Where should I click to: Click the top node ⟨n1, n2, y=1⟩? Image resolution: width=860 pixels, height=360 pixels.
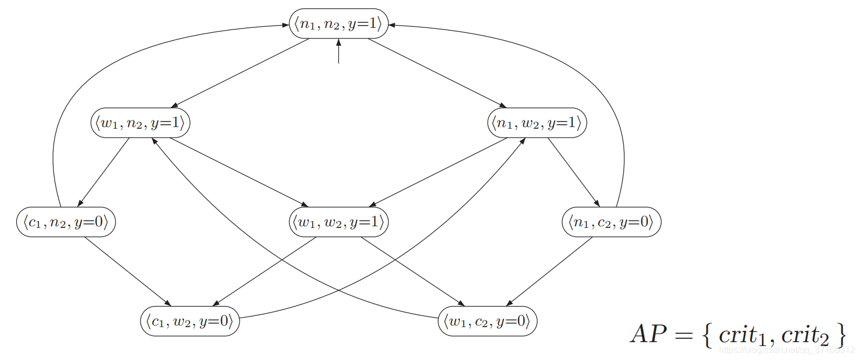(338, 23)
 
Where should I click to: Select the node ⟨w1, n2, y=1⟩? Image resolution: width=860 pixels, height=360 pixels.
(140, 123)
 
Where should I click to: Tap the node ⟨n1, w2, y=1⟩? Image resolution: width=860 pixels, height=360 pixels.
(537, 123)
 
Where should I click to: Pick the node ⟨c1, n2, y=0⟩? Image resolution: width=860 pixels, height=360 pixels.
(66, 223)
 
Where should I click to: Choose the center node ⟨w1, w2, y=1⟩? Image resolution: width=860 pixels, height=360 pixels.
(338, 223)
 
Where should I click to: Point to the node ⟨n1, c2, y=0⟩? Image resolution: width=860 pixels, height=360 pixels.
(611, 223)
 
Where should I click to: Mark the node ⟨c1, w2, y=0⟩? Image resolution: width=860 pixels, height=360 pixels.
(190, 322)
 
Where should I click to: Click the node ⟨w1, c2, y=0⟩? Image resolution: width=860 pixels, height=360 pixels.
(488, 322)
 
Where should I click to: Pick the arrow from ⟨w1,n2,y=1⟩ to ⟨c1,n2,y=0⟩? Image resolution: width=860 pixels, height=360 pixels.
(103, 173)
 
